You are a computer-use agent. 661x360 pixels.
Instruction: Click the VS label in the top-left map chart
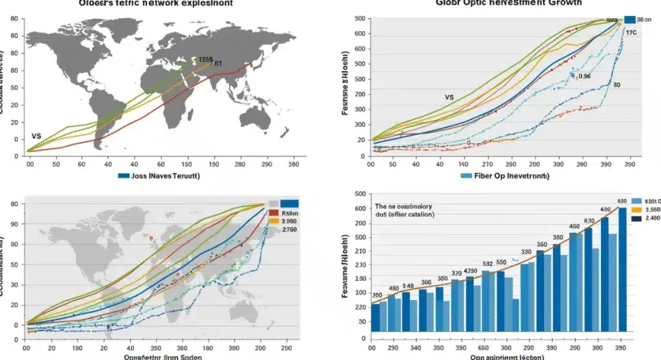coord(36,137)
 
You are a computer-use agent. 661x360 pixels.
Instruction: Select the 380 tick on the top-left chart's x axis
coord(294,165)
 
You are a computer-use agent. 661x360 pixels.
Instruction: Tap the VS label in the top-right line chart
coord(449,97)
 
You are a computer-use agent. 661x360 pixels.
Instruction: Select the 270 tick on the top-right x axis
coord(491,165)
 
